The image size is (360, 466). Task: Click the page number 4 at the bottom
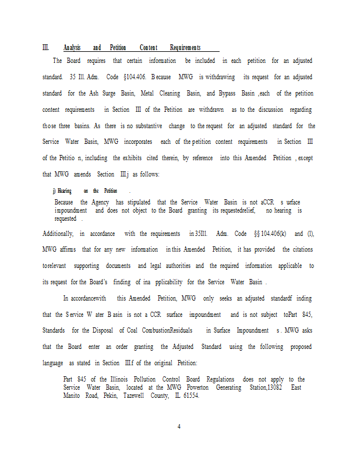[x=179, y=426]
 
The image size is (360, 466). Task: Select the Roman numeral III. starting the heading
[x=46, y=48]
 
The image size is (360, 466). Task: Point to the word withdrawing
[x=220, y=77]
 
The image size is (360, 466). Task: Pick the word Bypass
[x=229, y=93]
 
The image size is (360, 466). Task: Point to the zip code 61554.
[x=206, y=395]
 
